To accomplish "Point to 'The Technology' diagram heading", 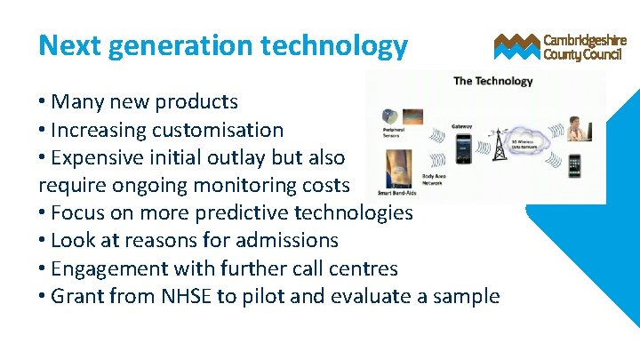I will click(493, 81).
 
